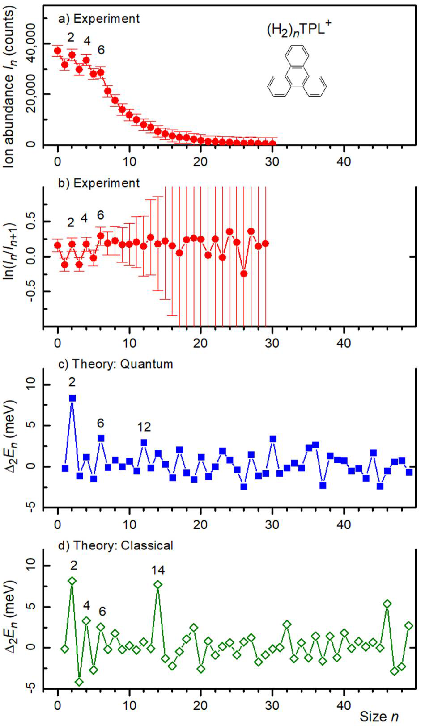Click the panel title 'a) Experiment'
click(x=99, y=19)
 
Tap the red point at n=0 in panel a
click(x=57, y=51)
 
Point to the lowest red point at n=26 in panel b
click(x=244, y=273)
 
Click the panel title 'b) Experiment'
click(x=99, y=183)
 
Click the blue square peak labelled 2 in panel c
click(x=72, y=398)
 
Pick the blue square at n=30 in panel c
click(x=273, y=439)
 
